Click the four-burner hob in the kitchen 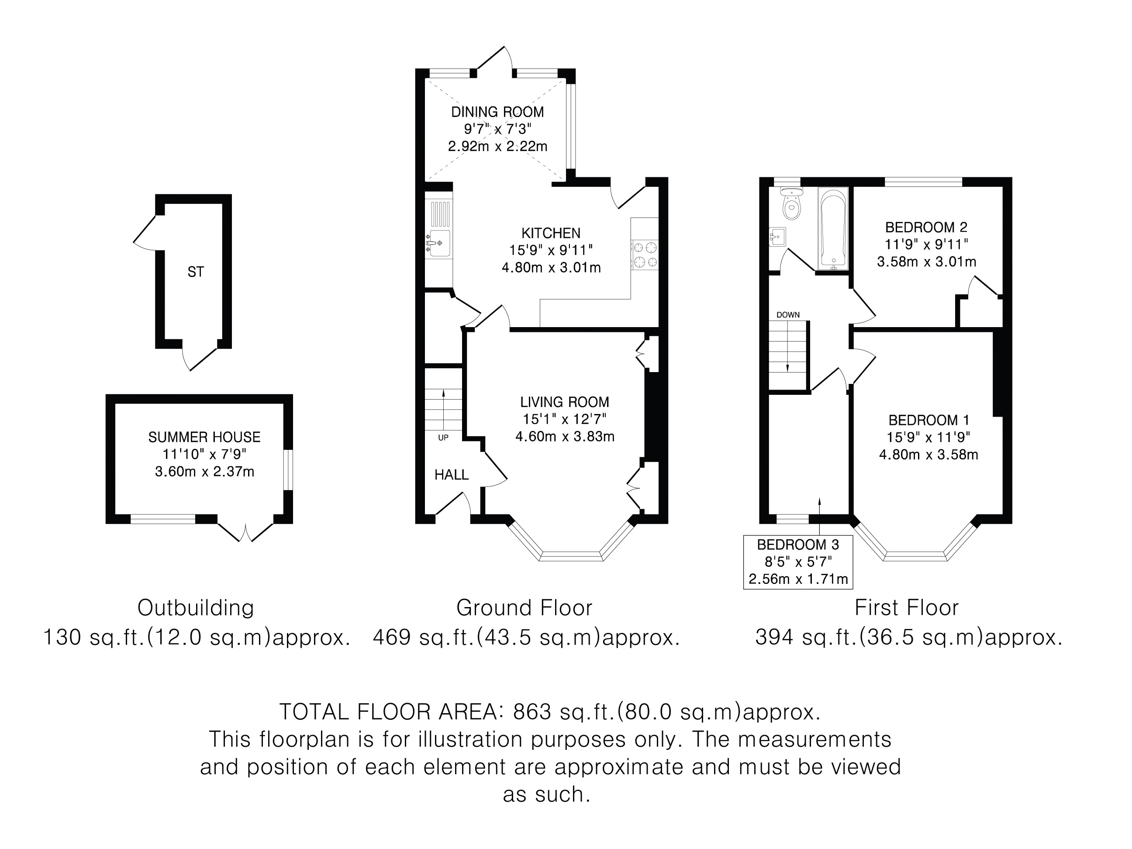point(645,255)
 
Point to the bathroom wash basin point(777,238)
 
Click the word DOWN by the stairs point(788,315)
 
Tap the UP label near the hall point(443,438)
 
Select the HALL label point(452,475)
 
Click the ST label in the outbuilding point(196,272)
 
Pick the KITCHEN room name point(551,233)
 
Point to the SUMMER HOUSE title point(204,437)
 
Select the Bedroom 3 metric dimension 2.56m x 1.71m point(798,579)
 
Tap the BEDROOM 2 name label point(926,227)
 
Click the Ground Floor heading point(524,608)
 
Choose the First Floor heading point(906,608)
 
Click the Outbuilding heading point(196,608)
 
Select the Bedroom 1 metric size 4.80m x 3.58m point(928,455)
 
